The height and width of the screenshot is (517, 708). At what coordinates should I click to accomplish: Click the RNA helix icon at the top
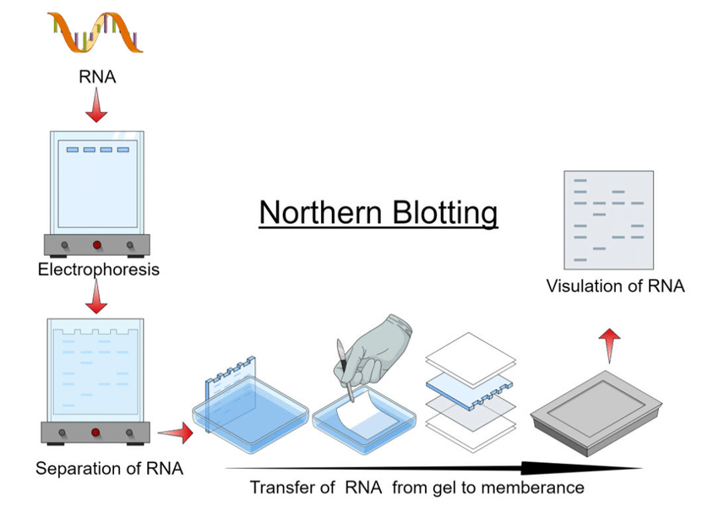(x=95, y=32)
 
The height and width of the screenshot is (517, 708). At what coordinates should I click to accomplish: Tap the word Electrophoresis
(x=98, y=270)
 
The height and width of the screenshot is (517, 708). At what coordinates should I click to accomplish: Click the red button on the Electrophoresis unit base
(x=96, y=245)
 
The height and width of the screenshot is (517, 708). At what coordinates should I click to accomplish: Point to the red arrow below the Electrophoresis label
(x=97, y=297)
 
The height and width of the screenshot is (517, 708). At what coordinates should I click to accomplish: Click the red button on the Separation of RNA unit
(x=95, y=432)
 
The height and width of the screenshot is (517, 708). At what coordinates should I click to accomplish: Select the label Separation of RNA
(x=109, y=467)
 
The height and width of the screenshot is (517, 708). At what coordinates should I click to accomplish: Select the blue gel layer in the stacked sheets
(x=469, y=388)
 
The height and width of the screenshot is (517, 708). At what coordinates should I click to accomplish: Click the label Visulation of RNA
(x=615, y=286)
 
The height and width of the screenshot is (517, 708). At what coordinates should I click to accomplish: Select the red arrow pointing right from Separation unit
(x=176, y=433)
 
